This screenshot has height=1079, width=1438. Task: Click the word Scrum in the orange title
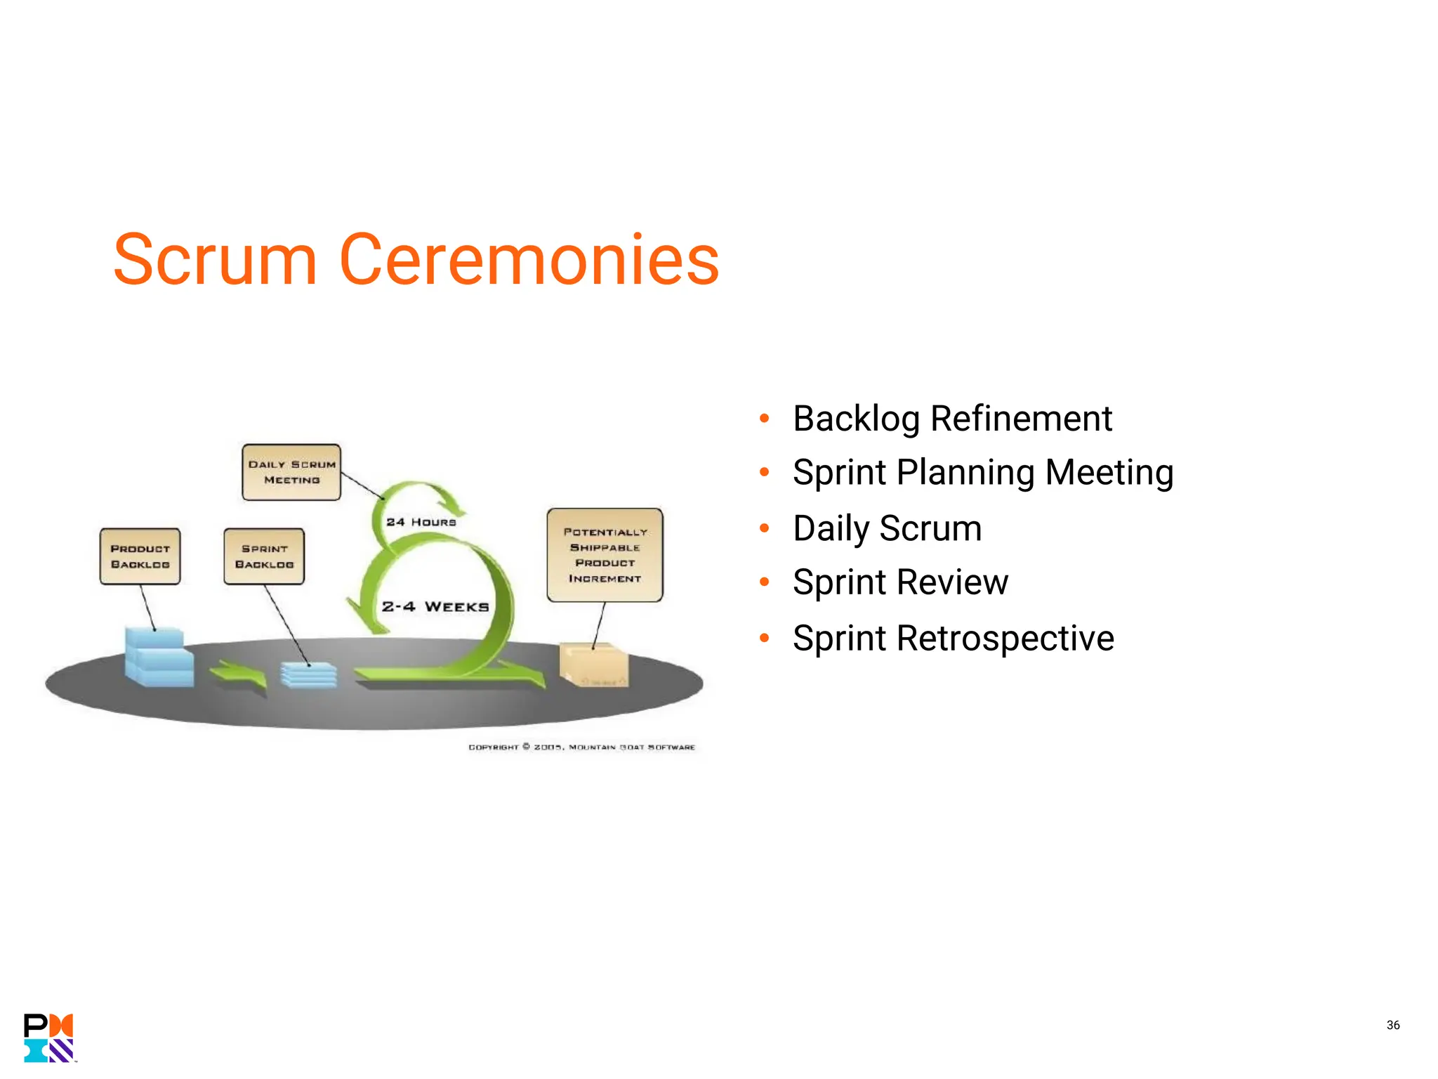pos(215,260)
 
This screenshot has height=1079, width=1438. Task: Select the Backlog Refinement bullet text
pos(952,419)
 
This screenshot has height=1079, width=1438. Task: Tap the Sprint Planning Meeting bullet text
pos(983,472)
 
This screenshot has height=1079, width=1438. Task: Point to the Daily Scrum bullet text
pos(887,528)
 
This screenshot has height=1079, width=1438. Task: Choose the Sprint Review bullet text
pos(900,582)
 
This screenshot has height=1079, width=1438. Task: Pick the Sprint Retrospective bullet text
pos(953,639)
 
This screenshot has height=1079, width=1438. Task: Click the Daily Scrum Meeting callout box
pos(291,472)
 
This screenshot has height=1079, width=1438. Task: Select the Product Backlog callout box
pos(140,556)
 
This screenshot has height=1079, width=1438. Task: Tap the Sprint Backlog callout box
pos(264,556)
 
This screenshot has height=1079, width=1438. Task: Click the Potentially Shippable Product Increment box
pos(605,555)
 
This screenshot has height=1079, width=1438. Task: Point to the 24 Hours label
pos(421,522)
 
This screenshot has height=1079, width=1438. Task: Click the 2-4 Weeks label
pos(435,606)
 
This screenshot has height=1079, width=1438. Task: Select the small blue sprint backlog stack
pos(308,675)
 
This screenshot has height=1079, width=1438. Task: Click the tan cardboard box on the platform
pos(594,665)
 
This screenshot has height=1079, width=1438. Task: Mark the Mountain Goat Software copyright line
pos(581,747)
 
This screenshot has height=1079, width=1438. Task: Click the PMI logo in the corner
pos(48,1038)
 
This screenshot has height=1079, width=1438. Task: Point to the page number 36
pos(1393,1025)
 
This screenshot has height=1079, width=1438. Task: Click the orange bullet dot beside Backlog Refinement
pos(765,419)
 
